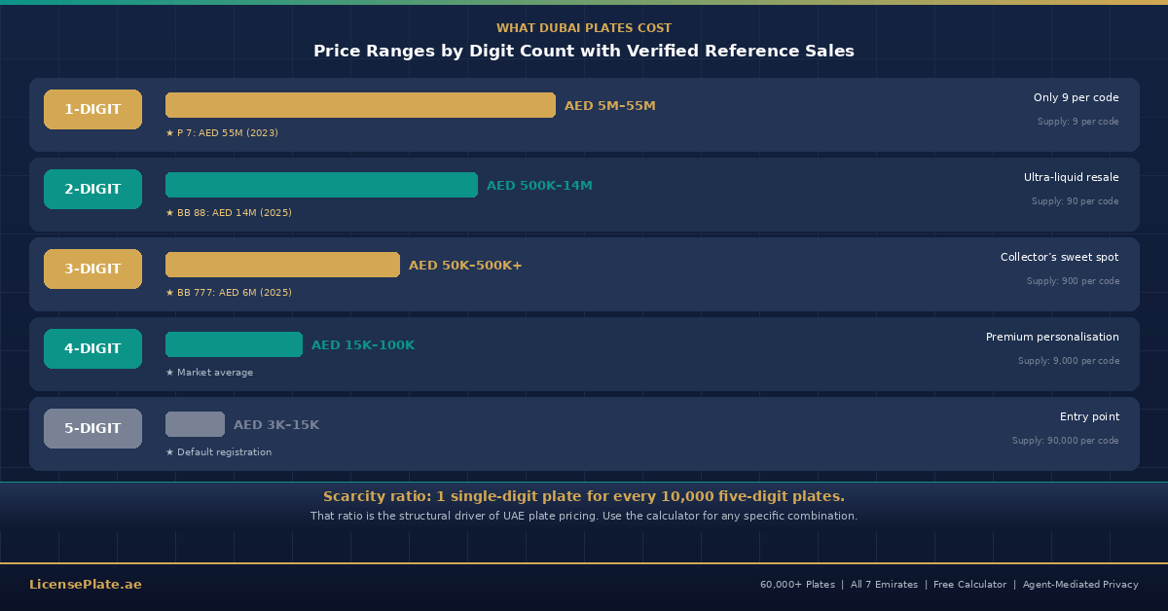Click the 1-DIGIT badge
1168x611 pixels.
92,109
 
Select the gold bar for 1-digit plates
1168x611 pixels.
360,105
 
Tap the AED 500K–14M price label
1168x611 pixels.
539,186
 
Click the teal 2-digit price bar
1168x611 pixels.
321,185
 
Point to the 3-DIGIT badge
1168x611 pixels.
92,269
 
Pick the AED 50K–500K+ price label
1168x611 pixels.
465,266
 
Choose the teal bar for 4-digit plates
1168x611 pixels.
234,344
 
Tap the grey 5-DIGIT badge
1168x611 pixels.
92,428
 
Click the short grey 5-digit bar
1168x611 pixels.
195,424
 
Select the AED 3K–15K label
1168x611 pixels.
276,425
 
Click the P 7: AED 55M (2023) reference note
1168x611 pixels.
222,133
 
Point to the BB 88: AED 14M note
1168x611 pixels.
229,213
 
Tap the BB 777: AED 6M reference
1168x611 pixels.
229,293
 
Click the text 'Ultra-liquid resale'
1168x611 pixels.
1071,177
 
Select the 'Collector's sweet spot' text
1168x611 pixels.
1059,257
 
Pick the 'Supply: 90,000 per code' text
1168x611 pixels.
1065,441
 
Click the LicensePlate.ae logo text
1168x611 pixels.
86,585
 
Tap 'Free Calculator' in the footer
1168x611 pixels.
969,585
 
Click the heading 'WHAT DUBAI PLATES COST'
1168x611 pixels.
584,28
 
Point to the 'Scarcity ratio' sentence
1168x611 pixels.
584,496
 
